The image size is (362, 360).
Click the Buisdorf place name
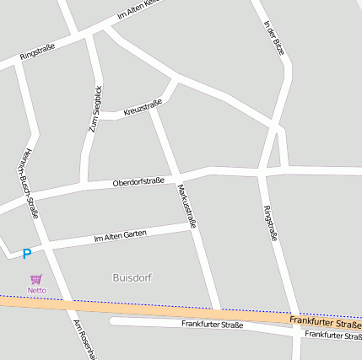pos(132,277)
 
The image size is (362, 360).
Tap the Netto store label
pos(36,291)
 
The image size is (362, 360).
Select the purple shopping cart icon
pos(35,279)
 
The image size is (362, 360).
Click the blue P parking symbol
pos(26,253)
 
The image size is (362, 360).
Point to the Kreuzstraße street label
pos(142,107)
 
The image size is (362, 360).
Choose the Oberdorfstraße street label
pos(138,181)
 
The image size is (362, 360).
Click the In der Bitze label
pos(274,38)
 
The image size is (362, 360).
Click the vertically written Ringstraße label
pos(270,223)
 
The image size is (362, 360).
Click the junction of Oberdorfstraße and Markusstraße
pos(179,178)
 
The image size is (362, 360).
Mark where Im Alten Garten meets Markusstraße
pos(192,225)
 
